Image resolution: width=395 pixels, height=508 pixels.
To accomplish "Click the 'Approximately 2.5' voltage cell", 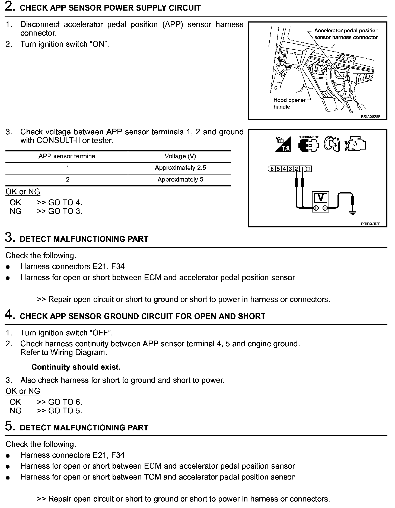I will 180,168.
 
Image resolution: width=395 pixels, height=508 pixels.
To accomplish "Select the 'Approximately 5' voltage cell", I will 180,180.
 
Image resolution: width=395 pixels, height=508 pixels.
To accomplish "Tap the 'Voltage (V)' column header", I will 180,156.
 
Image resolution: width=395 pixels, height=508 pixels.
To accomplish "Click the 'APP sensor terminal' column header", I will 68,156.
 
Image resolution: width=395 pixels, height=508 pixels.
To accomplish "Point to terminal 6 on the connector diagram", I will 272,169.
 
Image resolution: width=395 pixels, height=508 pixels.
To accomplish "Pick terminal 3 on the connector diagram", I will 290,169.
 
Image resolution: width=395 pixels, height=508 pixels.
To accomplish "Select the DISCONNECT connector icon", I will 308,144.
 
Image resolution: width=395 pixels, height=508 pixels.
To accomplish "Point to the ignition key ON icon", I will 332,144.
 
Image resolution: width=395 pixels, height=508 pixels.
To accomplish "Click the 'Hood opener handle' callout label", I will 289,103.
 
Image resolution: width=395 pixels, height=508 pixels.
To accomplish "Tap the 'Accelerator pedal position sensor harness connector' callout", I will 346,34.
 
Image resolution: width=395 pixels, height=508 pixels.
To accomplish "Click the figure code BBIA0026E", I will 371,117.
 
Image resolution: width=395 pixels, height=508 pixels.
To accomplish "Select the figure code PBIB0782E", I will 371,224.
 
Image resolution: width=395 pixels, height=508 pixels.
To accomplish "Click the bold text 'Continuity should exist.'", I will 76,367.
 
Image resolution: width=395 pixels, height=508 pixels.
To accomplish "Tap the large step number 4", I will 9,315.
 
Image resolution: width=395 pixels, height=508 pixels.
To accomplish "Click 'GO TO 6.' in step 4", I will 65,402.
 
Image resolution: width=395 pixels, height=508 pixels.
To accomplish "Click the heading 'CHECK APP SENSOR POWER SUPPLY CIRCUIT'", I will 110,8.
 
